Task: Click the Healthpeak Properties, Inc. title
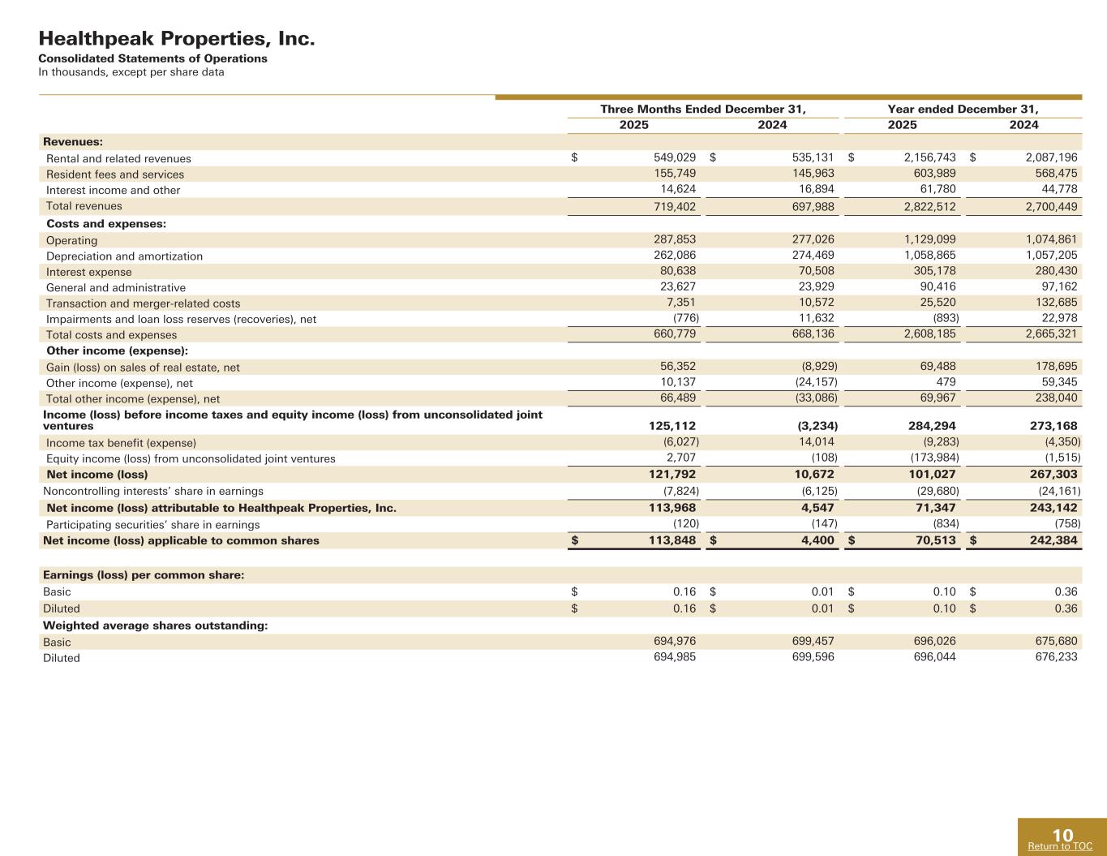click(x=177, y=38)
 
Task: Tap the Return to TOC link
click(x=1060, y=846)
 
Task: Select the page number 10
click(x=1062, y=835)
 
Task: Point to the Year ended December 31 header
click(x=963, y=110)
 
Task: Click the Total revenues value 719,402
click(x=675, y=207)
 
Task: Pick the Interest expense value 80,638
click(x=678, y=272)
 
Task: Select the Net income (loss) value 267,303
click(x=1051, y=475)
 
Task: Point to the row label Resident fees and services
click(x=115, y=174)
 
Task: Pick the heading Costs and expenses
click(x=106, y=224)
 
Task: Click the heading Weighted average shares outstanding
click(x=156, y=626)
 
